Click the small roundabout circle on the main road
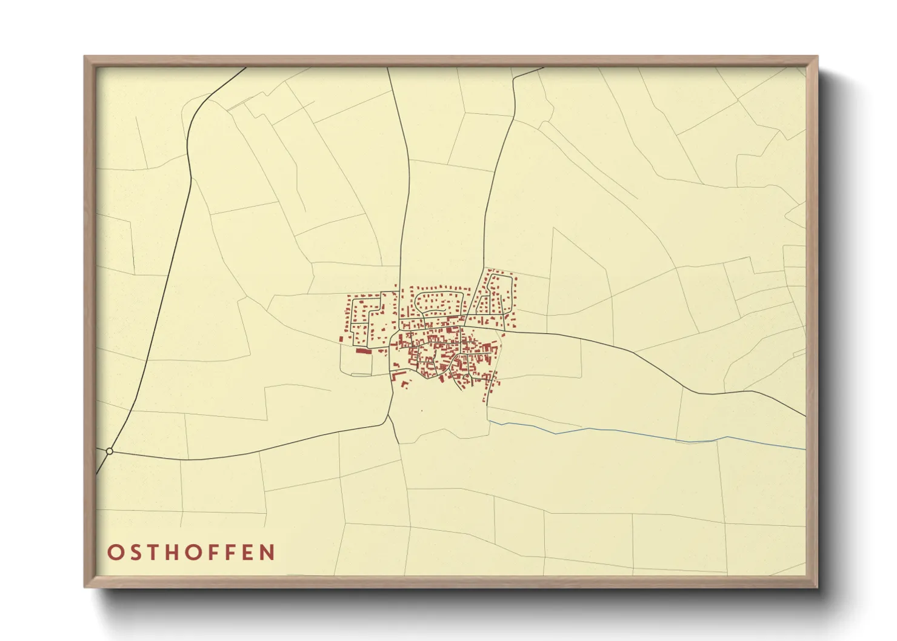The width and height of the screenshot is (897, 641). [109, 451]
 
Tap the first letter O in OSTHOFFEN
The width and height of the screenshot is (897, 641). [115, 553]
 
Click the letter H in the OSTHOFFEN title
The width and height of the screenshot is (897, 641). [172, 553]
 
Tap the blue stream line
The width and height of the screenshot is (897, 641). [606, 430]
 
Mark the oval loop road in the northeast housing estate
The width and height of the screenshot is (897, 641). [501, 294]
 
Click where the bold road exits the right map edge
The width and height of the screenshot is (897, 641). [805, 416]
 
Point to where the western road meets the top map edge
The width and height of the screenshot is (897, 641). [245, 68]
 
